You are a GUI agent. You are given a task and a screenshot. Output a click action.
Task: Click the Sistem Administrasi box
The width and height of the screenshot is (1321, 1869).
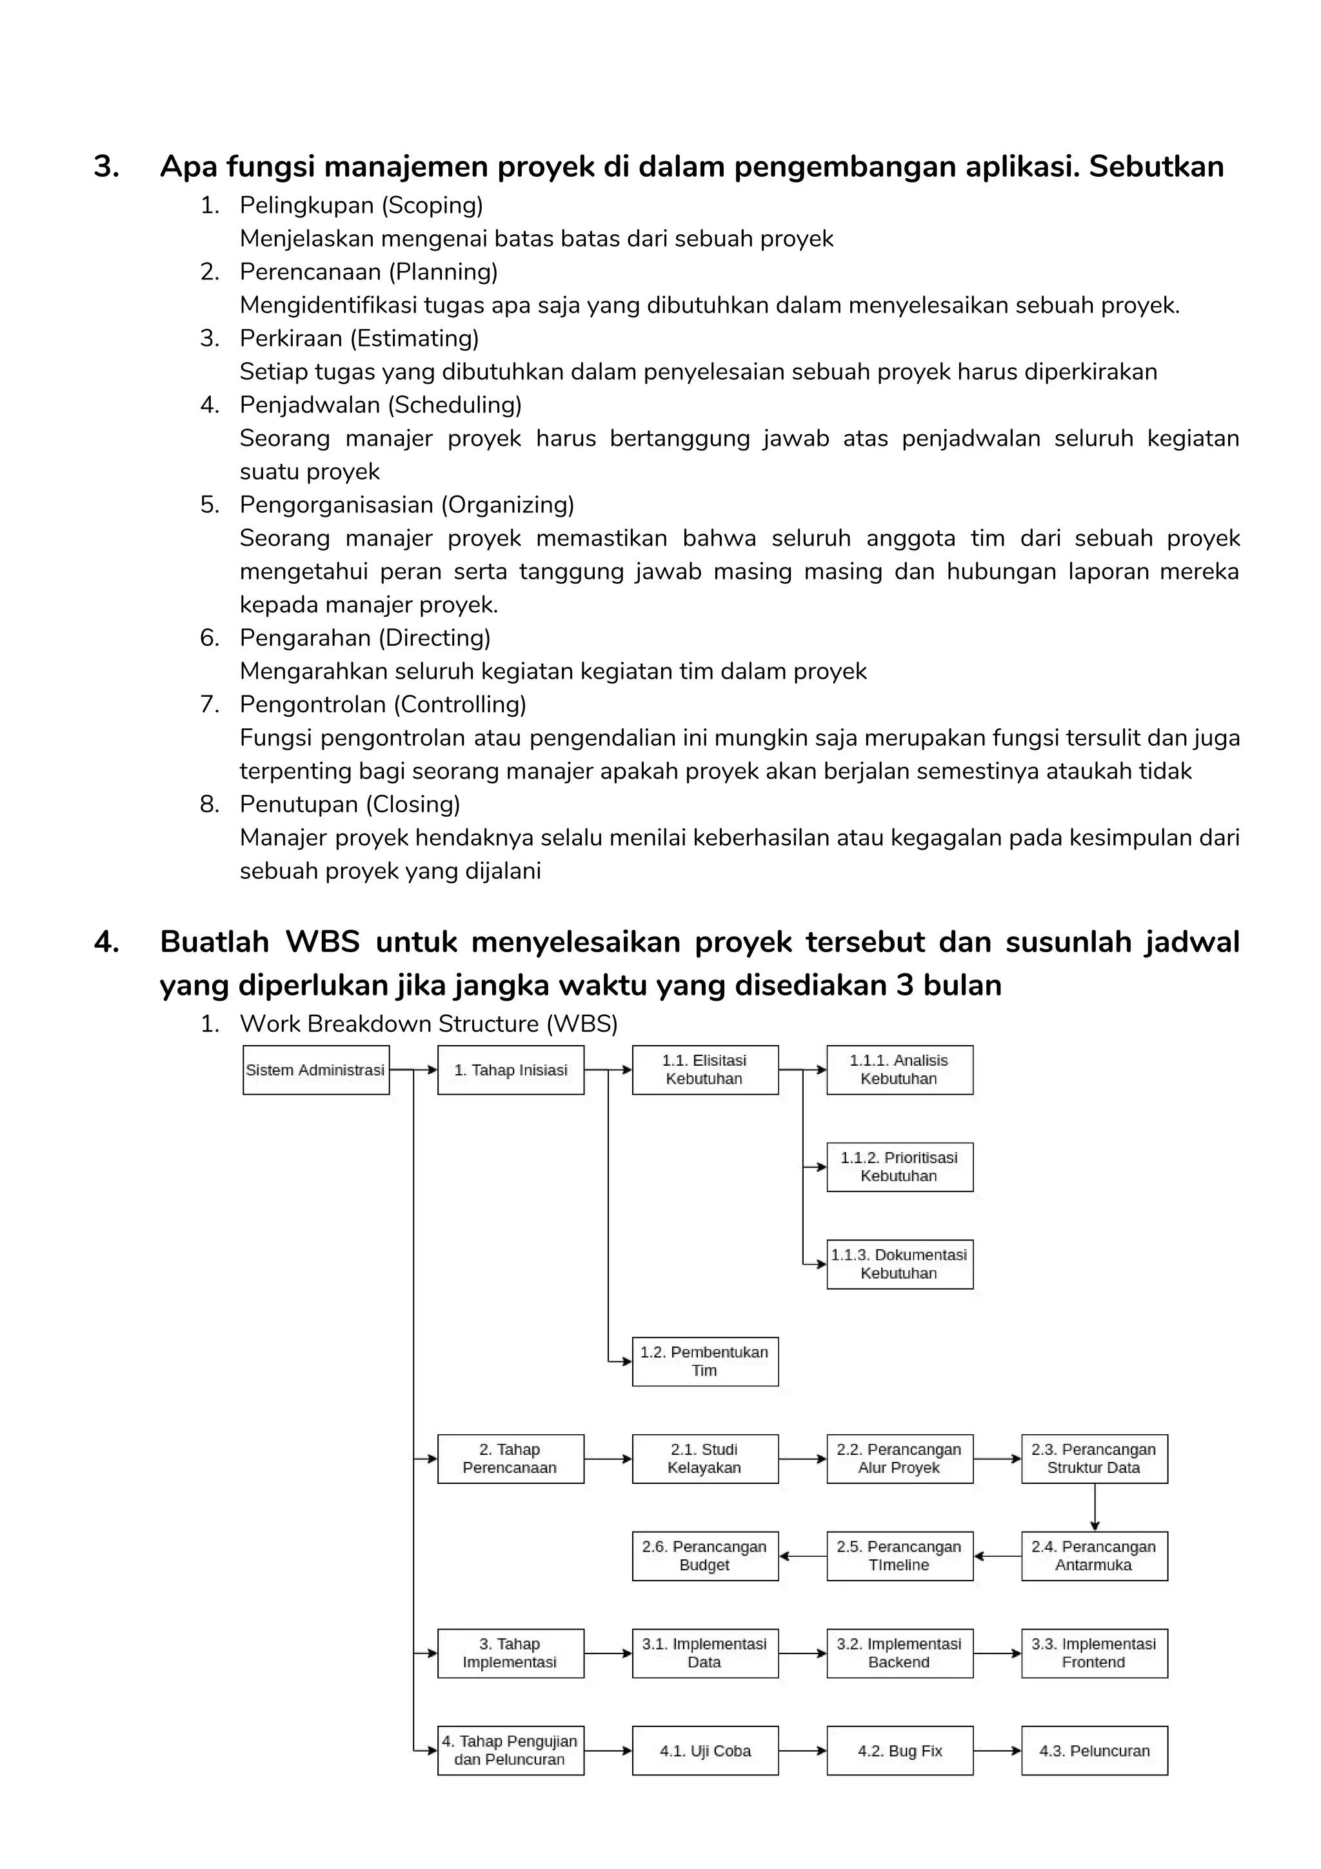(x=316, y=1070)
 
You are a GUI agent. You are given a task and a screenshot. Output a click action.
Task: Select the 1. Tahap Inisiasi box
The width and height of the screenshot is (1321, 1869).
(x=510, y=1070)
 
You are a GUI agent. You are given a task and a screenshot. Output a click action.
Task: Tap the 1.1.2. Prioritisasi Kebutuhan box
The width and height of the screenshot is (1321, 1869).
(x=899, y=1166)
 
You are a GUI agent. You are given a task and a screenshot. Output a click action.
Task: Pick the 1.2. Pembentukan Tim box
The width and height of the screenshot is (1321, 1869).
(x=705, y=1361)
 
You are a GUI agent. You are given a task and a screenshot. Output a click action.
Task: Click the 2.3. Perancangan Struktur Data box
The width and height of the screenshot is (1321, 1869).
(x=1094, y=1458)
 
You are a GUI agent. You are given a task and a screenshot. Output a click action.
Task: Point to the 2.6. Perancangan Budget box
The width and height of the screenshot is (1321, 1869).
(x=705, y=1555)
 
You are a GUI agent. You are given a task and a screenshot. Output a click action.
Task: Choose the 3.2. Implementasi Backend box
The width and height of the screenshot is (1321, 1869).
(x=899, y=1652)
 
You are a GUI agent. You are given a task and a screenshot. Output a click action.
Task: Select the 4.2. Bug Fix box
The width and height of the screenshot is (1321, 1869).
(x=899, y=1750)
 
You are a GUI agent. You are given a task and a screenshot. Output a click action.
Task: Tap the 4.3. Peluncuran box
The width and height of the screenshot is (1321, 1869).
(x=1094, y=1750)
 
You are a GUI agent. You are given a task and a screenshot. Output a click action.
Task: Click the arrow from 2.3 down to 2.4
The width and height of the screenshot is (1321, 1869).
(x=1095, y=1507)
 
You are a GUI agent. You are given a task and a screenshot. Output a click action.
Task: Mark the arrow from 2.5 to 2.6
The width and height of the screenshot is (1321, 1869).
(x=802, y=1555)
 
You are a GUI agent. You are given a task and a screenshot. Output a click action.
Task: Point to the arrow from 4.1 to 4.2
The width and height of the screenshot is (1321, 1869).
(x=802, y=1750)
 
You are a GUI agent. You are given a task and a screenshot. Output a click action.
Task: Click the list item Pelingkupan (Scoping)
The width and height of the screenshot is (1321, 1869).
(x=361, y=205)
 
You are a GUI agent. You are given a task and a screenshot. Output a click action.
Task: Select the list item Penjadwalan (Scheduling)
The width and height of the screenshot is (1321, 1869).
(x=380, y=405)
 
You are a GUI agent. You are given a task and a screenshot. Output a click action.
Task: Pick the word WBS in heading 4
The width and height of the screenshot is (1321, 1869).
(x=323, y=942)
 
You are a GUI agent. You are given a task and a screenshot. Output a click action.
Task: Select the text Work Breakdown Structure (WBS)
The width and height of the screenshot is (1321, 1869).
(x=428, y=1023)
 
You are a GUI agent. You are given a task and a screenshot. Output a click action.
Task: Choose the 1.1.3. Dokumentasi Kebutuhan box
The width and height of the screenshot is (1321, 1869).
(x=899, y=1264)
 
